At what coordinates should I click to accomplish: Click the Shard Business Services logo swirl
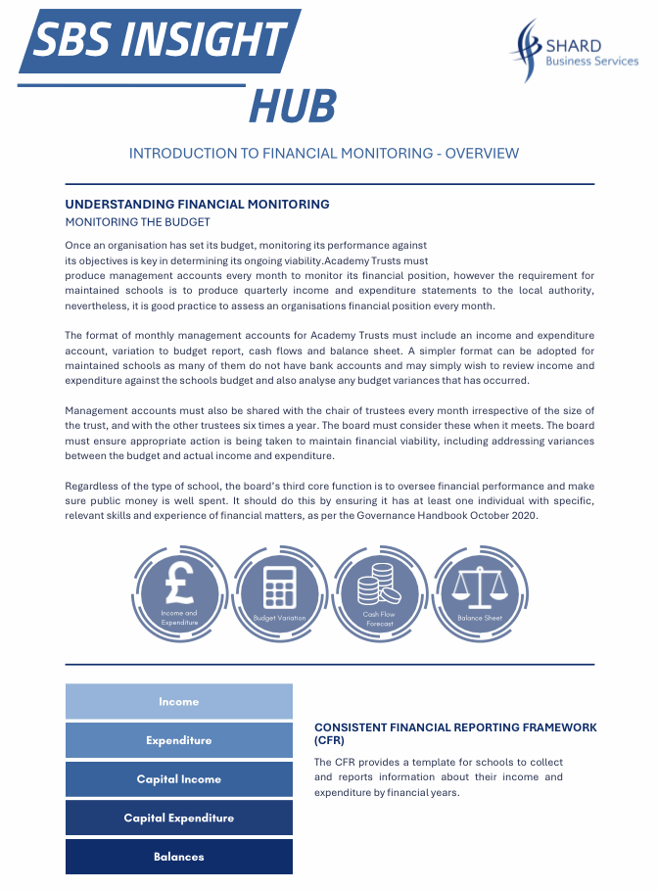pyautogui.click(x=530, y=50)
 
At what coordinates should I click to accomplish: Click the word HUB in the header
pyautogui.click(x=293, y=106)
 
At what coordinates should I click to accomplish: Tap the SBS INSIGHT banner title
pyautogui.click(x=160, y=41)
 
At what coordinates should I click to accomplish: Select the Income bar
pyautogui.click(x=179, y=701)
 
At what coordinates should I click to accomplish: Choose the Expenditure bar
pyautogui.click(x=179, y=740)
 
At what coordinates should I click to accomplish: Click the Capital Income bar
pyautogui.click(x=179, y=779)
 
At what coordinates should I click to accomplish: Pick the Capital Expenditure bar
pyautogui.click(x=179, y=818)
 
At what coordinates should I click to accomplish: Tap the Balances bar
pyautogui.click(x=179, y=857)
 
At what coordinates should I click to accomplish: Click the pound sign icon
pyautogui.click(x=179, y=585)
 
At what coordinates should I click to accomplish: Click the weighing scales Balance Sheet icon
pyautogui.click(x=479, y=588)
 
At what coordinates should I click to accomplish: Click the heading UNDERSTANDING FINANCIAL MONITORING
pyautogui.click(x=197, y=205)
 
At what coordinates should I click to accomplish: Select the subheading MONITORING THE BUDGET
pyautogui.click(x=137, y=222)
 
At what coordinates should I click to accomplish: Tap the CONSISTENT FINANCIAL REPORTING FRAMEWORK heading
pyautogui.click(x=454, y=727)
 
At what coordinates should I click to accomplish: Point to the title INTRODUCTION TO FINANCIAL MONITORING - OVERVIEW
pyautogui.click(x=324, y=154)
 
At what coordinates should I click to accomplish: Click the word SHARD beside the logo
pyautogui.click(x=576, y=45)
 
